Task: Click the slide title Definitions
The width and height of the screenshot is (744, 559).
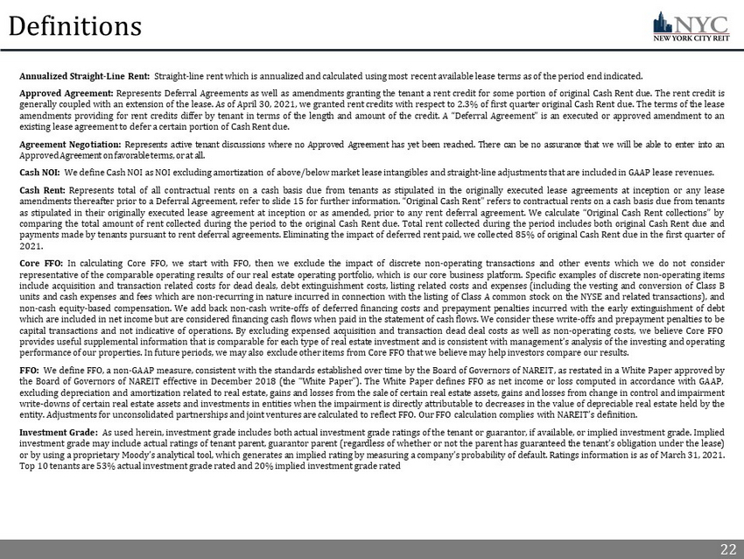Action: (x=75, y=26)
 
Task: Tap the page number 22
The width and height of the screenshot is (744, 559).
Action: (x=727, y=549)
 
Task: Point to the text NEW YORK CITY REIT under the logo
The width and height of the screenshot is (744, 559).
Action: (x=692, y=39)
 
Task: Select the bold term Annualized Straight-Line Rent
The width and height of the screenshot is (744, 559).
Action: (x=84, y=75)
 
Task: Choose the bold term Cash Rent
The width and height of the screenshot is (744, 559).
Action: (x=42, y=189)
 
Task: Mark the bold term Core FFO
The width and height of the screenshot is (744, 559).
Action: (x=40, y=263)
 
